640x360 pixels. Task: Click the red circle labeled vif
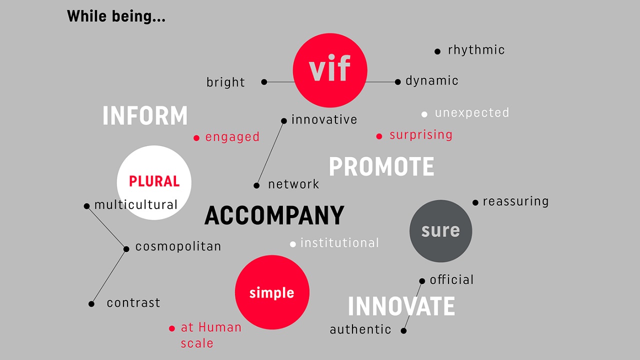(x=330, y=70)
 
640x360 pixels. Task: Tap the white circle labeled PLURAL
(x=154, y=182)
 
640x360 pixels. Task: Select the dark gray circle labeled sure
(x=440, y=231)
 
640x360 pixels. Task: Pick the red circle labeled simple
(x=272, y=292)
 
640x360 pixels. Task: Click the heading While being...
(x=116, y=16)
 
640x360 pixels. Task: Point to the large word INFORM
(x=145, y=115)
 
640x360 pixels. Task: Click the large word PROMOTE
(x=381, y=166)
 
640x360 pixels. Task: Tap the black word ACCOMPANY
(x=274, y=215)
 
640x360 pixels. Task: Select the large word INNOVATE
(x=401, y=306)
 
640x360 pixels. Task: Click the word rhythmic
(x=476, y=49)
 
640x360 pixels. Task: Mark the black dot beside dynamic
(x=397, y=82)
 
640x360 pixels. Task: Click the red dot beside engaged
(x=196, y=138)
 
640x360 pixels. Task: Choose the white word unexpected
(x=471, y=112)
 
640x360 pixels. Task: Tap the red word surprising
(x=421, y=135)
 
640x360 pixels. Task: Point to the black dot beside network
(x=256, y=185)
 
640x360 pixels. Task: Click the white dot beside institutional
(x=293, y=244)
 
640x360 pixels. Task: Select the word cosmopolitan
(x=178, y=246)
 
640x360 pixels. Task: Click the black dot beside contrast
(x=91, y=304)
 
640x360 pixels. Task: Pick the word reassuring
(x=515, y=201)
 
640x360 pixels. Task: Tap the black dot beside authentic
(x=403, y=331)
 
